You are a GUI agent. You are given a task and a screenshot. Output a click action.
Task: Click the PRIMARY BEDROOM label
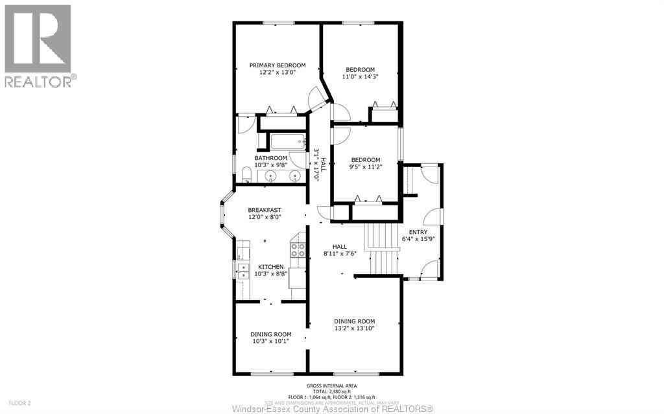pos(278,65)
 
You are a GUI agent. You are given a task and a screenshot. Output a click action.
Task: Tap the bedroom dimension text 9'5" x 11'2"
pos(366,167)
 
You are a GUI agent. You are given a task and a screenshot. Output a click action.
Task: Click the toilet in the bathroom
pos(246,173)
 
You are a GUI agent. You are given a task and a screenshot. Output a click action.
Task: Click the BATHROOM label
pos(270,158)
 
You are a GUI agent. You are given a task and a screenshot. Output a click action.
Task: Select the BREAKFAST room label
pos(265,210)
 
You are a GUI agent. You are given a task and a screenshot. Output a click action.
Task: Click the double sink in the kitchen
pos(242,270)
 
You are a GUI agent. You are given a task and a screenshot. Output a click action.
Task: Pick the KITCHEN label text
pos(270,267)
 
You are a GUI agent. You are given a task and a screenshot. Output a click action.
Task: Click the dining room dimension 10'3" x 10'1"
pos(270,341)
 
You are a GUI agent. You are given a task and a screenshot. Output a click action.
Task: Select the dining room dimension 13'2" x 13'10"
pos(355,328)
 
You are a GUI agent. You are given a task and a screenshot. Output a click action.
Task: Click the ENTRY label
pos(418,232)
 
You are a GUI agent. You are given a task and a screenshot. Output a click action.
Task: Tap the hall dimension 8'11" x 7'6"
pos(340,253)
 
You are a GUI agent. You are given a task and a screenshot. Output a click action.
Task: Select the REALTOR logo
pos(39,46)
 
